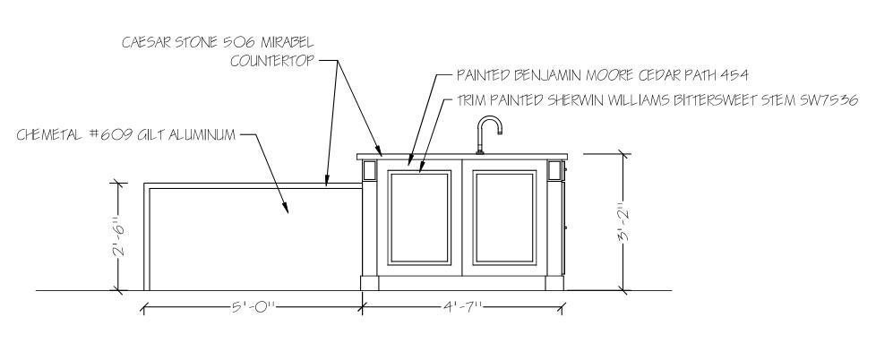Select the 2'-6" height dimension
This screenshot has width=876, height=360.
pyautogui.click(x=117, y=236)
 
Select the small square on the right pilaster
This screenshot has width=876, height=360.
pyautogui.click(x=554, y=171)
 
